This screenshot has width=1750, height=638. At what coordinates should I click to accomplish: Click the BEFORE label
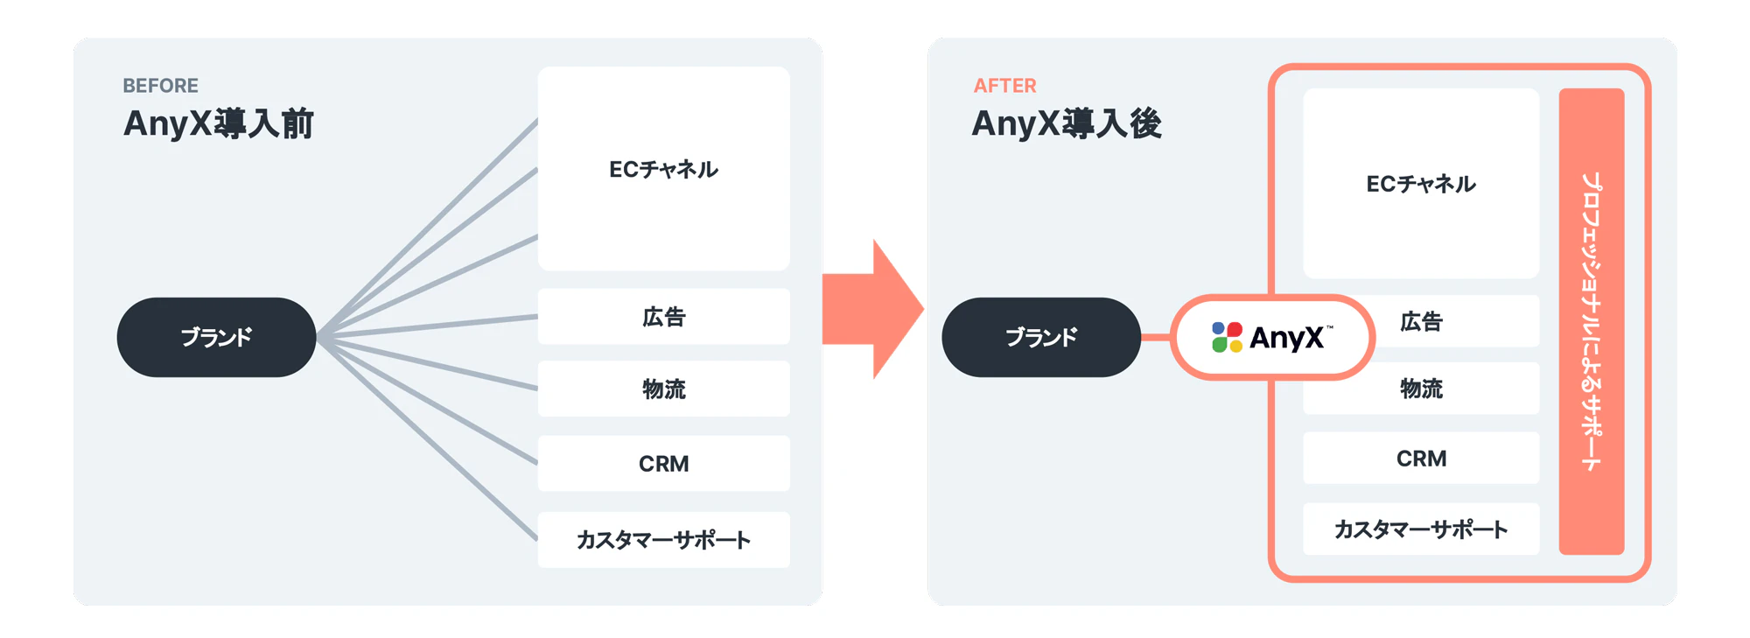160,86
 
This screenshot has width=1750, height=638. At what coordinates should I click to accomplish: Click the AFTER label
1004,86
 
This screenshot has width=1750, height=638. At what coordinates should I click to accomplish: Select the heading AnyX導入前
219,123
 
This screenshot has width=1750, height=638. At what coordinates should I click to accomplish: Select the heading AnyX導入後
1067,123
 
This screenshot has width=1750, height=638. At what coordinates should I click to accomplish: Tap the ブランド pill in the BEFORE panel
216,337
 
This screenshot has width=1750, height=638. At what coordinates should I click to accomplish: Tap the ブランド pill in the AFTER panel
1041,337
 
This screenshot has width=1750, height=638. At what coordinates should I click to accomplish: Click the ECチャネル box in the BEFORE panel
663,169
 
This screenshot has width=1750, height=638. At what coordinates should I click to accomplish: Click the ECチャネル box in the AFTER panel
1421,184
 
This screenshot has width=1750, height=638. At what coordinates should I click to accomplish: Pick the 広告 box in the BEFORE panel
663,317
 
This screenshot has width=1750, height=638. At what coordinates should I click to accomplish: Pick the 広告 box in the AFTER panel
1452,322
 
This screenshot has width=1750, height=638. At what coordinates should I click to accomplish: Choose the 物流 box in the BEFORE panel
663,389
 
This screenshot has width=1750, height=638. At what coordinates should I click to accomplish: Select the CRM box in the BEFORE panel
663,464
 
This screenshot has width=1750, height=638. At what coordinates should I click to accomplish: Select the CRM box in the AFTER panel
1421,459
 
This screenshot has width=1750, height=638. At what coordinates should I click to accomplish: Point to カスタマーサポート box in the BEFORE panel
663,540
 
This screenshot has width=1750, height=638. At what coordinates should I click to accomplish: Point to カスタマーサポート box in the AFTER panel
1421,529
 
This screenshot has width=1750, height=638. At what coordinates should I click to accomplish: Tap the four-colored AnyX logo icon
1227,337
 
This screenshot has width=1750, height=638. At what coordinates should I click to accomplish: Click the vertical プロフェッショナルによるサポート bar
1591,321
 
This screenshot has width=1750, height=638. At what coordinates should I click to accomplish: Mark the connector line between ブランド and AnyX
1156,337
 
